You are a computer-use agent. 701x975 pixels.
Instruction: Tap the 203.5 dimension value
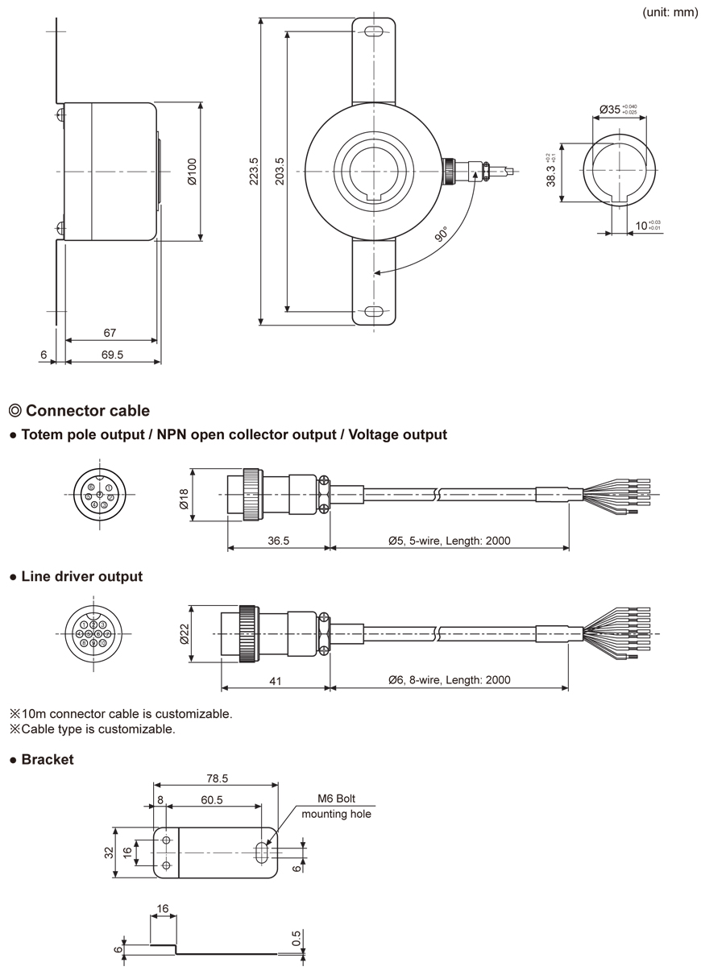click(x=280, y=171)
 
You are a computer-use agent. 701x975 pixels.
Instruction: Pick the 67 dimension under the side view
click(x=110, y=332)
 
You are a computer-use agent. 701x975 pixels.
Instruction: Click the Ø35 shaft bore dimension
click(x=618, y=110)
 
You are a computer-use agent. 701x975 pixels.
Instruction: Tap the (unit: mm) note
click(x=670, y=12)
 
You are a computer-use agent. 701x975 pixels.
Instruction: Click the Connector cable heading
click(x=87, y=411)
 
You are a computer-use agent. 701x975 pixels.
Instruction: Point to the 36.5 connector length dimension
click(x=279, y=541)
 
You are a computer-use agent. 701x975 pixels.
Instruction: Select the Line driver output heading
click(x=81, y=576)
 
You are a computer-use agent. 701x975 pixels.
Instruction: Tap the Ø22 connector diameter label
click(x=184, y=635)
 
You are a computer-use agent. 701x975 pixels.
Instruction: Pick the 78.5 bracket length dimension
click(x=216, y=779)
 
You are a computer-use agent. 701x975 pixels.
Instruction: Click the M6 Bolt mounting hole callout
click(x=336, y=807)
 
